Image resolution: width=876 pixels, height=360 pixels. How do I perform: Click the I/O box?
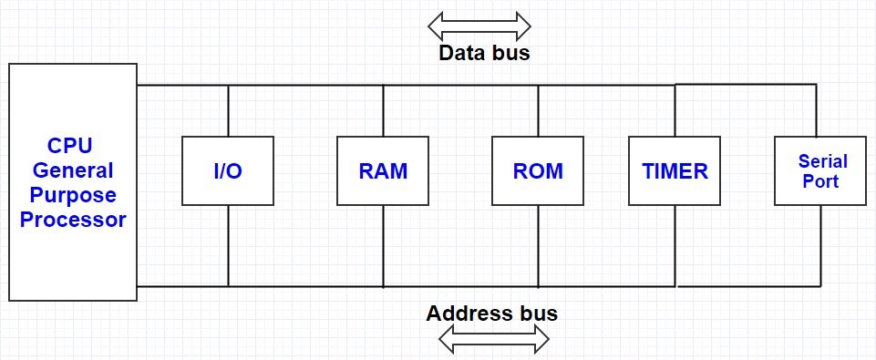click(x=227, y=170)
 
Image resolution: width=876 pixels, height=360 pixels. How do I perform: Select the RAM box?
click(x=382, y=170)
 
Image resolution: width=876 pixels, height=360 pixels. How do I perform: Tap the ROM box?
click(x=537, y=170)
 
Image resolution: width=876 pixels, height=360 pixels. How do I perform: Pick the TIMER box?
click(x=674, y=170)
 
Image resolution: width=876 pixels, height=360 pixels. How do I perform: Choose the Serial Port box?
click(x=822, y=170)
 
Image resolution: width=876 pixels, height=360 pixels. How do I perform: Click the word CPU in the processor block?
click(x=70, y=147)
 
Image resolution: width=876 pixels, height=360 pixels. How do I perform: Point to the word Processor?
click(x=73, y=220)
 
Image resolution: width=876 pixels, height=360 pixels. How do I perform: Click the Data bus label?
click(x=484, y=53)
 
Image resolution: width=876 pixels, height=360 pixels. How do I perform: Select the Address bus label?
click(x=491, y=314)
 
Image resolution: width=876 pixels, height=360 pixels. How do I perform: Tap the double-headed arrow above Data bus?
click(x=479, y=24)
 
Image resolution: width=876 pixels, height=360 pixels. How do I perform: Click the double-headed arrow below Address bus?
click(x=494, y=340)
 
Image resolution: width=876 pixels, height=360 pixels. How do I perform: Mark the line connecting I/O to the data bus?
click(x=227, y=110)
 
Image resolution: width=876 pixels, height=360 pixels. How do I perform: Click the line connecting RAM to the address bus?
click(x=382, y=245)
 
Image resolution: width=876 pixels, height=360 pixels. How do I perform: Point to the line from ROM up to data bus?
click(x=537, y=110)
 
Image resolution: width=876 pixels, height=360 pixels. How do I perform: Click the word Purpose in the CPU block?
click(x=73, y=195)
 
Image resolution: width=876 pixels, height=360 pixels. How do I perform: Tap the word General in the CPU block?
click(x=73, y=170)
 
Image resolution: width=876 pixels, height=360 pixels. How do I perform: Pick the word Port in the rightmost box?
click(x=822, y=180)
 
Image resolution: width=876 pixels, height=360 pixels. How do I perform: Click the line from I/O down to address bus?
click(x=227, y=245)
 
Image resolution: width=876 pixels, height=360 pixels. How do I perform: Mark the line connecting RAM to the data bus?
click(x=382, y=110)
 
